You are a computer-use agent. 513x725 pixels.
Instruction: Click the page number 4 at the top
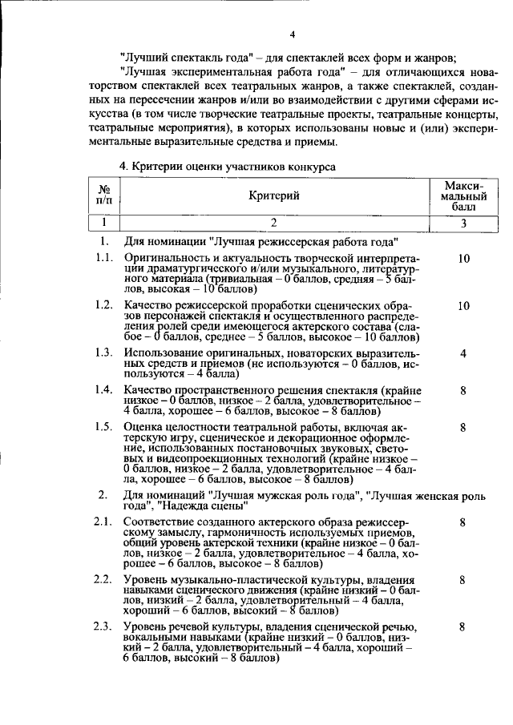coord(293,34)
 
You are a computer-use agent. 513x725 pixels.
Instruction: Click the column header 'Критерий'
coord(273,195)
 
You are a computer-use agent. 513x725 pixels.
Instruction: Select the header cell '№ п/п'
coord(103,195)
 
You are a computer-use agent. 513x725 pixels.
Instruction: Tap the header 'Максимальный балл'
coord(463,195)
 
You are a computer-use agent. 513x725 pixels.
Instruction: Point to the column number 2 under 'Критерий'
coord(273,224)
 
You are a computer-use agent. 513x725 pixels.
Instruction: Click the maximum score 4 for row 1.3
coord(463,353)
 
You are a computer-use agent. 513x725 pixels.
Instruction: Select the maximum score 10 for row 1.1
coord(463,260)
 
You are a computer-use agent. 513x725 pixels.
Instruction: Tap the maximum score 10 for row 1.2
coord(463,306)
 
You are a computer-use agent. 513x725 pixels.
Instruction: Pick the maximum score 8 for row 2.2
coord(463,579)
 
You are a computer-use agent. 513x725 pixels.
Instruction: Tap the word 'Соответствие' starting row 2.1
coord(160,522)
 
